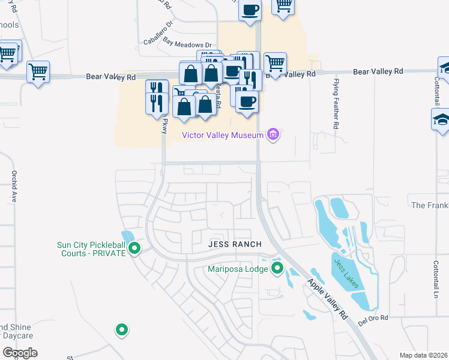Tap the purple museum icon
(274, 135)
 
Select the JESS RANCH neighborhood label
(235, 244)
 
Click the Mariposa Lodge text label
(238, 269)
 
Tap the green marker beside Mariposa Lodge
(277, 268)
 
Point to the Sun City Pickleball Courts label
(91, 249)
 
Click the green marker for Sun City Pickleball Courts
(134, 248)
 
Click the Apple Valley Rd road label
(328, 299)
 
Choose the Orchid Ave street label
(13, 187)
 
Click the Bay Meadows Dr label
(188, 45)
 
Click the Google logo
(20, 352)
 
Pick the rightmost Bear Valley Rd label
(378, 71)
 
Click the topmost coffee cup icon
(250, 10)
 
